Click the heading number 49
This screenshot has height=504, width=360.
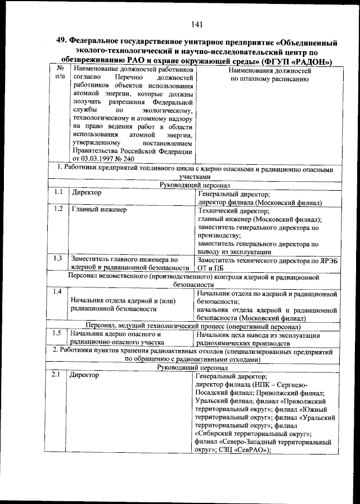point(61,41)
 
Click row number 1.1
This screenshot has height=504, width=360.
point(57,193)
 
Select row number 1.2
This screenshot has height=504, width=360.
point(57,210)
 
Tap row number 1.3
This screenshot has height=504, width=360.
point(57,259)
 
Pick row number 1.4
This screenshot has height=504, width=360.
point(57,291)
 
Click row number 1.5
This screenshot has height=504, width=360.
point(57,334)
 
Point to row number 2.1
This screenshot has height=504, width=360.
point(57,375)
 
